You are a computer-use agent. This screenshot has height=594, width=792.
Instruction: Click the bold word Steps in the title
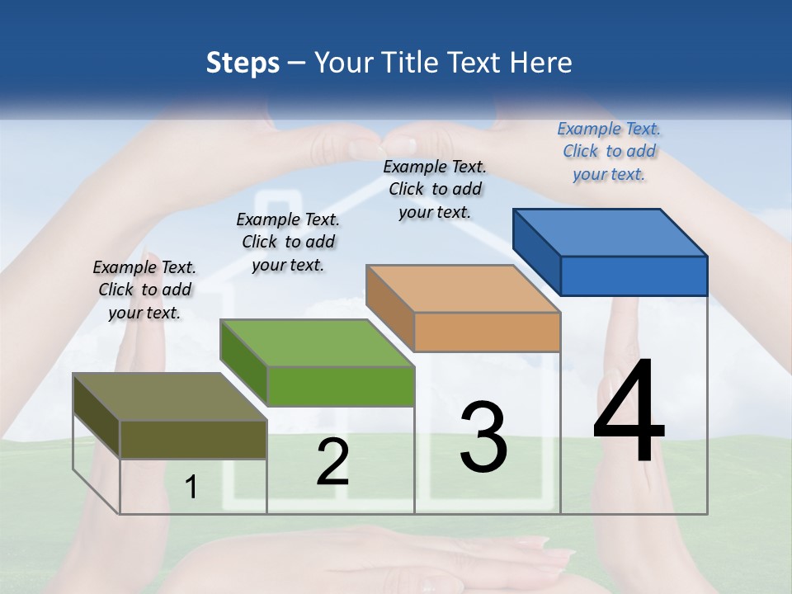pyautogui.click(x=243, y=63)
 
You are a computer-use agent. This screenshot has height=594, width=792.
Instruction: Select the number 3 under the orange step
pyautogui.click(x=483, y=437)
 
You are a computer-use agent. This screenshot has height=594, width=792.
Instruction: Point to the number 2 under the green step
pyautogui.click(x=332, y=462)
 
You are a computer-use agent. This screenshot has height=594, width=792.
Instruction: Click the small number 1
pyautogui.click(x=191, y=488)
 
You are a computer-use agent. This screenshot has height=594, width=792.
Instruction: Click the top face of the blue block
pyautogui.click(x=610, y=232)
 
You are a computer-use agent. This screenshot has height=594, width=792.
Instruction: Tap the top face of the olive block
pyautogui.click(x=170, y=397)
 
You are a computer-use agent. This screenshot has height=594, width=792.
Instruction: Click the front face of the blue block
pyautogui.click(x=634, y=276)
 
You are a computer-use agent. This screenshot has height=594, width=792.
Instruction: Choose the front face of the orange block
pyautogui.click(x=487, y=332)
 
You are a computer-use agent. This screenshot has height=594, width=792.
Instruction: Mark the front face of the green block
pyautogui.click(x=340, y=386)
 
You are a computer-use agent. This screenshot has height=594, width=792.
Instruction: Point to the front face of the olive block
pyautogui.click(x=193, y=439)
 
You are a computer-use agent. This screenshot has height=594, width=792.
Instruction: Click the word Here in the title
pyautogui.click(x=541, y=63)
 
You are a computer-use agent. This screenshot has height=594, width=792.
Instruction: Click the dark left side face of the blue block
pyautogui.click(x=536, y=251)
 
